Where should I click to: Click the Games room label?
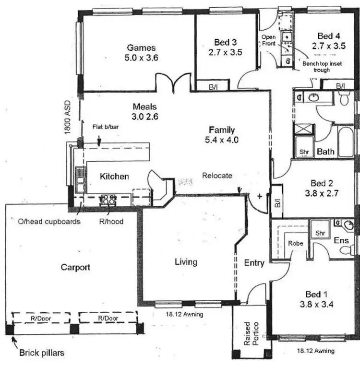141,47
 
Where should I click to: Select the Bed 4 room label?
329,35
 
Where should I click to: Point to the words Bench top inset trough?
322,67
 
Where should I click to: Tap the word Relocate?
217,175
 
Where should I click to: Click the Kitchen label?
114,177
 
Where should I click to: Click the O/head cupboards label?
49,222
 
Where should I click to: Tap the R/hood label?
110,222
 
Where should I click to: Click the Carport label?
75,267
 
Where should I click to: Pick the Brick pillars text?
41,353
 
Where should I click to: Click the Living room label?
185,262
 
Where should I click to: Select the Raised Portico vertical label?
250,333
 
